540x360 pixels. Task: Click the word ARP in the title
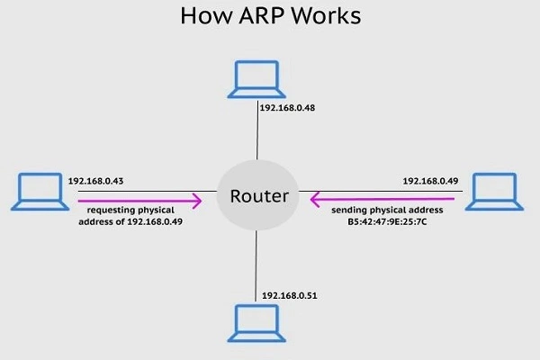pyautogui.click(x=271, y=17)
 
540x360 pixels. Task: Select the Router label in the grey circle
pyautogui.click(x=258, y=195)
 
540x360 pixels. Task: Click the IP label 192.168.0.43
pyautogui.click(x=95, y=181)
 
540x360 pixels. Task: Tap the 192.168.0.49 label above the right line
pyautogui.click(x=430, y=181)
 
